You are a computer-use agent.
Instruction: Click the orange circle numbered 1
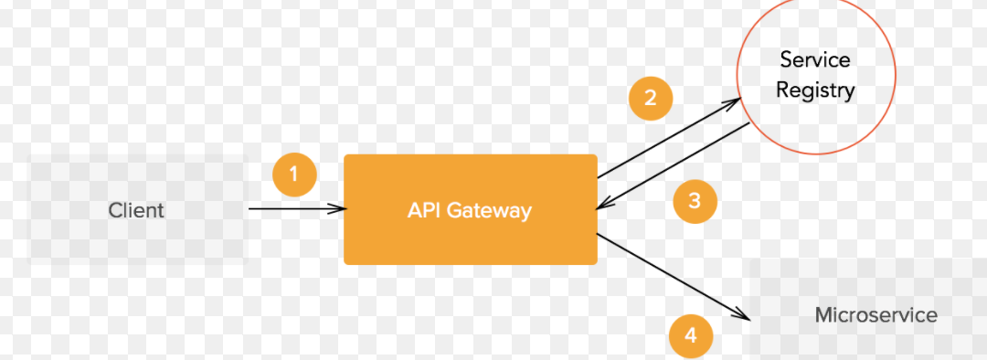click(294, 174)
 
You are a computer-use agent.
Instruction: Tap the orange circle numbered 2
click(651, 98)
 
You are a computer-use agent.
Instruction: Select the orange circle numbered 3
click(695, 201)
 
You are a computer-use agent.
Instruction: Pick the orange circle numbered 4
click(691, 335)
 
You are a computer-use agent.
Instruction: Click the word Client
click(136, 210)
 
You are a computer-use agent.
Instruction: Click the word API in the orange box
click(424, 210)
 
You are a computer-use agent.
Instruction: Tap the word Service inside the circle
click(815, 60)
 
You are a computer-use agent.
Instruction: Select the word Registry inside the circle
click(815, 90)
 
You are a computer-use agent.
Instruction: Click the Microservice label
click(876, 315)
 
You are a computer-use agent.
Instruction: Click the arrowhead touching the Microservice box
click(742, 315)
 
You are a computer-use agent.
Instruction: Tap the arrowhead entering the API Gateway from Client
click(339, 209)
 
